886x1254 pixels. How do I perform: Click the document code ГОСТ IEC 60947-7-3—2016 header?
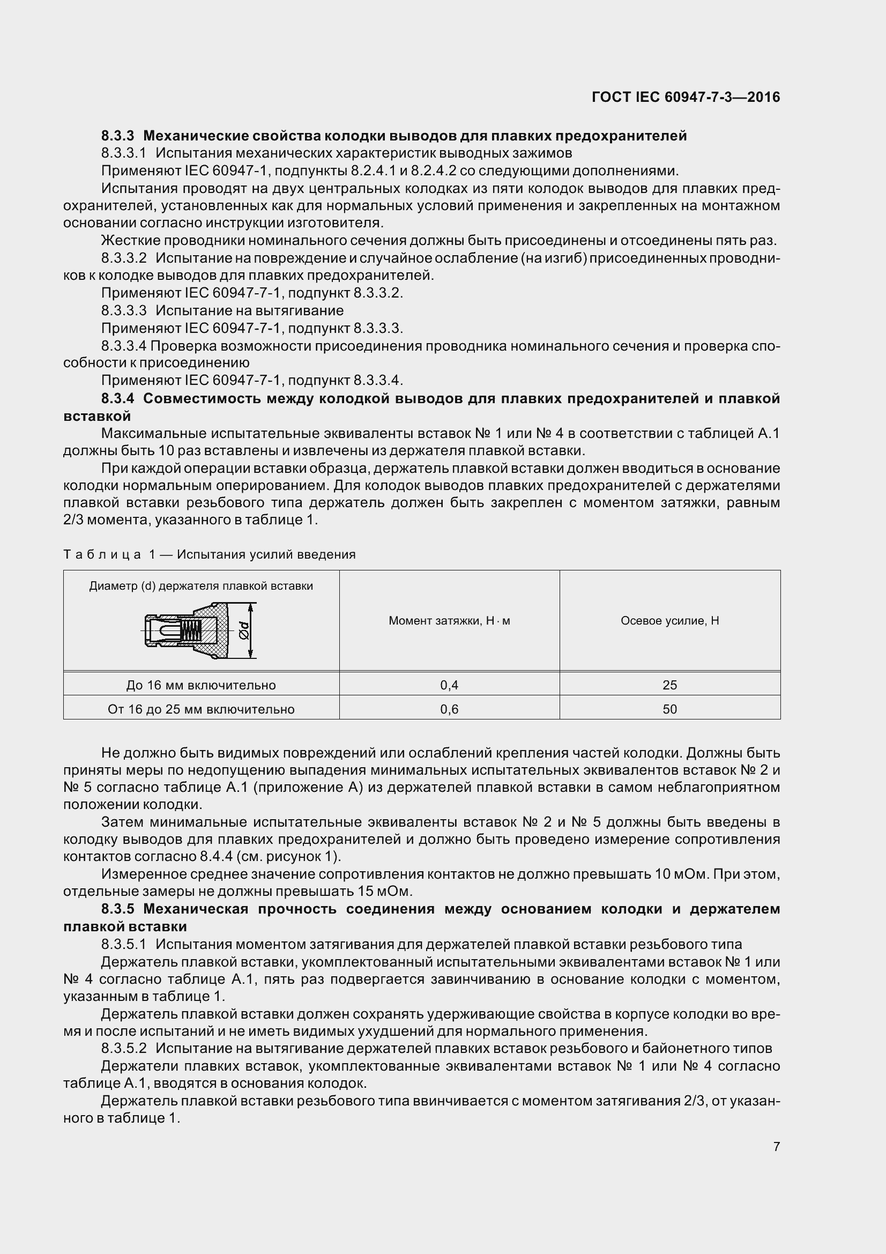[686, 97]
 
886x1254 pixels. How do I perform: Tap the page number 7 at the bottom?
[776, 1146]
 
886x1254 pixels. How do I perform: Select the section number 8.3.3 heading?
[118, 136]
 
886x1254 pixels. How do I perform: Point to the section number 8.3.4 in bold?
[118, 399]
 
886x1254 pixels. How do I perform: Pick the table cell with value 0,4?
[449, 685]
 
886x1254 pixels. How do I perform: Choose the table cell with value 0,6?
[449, 709]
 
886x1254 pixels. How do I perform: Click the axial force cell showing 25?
[670, 685]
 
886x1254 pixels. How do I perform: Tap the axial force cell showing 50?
[670, 709]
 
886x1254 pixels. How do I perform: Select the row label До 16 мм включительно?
[201, 685]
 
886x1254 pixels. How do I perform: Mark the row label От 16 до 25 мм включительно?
[201, 709]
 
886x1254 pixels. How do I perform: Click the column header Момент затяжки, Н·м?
[449, 620]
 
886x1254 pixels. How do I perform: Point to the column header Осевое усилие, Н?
[670, 620]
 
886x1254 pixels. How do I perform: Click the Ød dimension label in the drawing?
[244, 632]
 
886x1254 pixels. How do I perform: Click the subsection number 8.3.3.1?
[124, 153]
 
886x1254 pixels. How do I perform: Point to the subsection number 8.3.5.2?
[124, 1048]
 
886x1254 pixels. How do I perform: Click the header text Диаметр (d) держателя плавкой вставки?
[201, 586]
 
